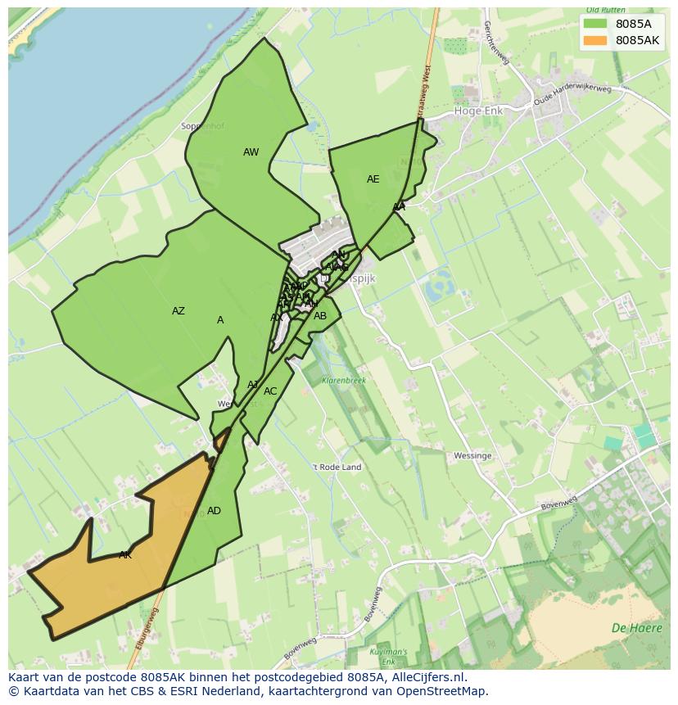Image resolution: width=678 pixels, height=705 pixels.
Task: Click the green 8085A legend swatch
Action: [596, 24]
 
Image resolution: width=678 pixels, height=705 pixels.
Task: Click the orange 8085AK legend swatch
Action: [596, 40]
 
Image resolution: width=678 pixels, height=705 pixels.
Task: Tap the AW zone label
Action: [251, 152]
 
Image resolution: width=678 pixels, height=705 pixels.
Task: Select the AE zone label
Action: [373, 179]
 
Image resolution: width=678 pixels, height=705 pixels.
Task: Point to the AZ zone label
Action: [179, 311]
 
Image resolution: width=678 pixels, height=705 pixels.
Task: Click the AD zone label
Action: [214, 511]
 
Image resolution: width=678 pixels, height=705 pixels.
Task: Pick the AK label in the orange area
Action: [125, 555]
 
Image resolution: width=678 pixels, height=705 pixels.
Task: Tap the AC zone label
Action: [270, 391]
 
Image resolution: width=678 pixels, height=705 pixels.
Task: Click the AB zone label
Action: [320, 316]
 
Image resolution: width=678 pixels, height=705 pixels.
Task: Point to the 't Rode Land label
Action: [337, 468]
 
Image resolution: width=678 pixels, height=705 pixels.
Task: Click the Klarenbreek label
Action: [344, 381]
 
